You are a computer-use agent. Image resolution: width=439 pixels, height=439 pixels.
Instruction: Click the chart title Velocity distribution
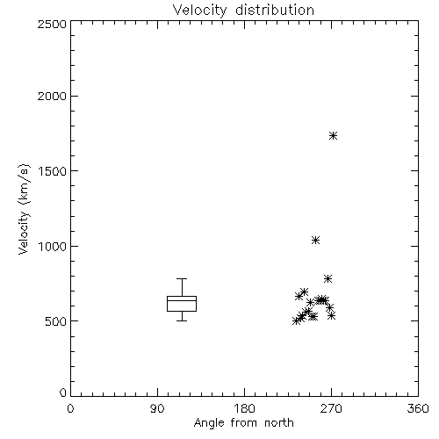[x=243, y=11]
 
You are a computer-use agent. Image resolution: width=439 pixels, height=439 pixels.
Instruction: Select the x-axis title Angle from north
[x=243, y=422]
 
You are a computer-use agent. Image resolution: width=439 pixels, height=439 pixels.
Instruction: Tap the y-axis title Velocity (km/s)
[x=24, y=209]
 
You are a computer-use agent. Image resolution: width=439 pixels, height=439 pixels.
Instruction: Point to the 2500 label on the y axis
[x=53, y=24]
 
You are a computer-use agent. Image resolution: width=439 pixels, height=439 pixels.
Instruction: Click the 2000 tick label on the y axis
[x=53, y=96]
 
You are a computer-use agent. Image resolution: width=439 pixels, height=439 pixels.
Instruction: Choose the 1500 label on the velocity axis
[x=53, y=171]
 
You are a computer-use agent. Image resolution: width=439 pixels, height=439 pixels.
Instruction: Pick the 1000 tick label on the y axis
[x=53, y=246]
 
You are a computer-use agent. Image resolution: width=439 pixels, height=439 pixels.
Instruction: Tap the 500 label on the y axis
[x=56, y=321]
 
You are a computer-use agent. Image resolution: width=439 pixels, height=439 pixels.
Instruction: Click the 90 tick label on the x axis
[x=157, y=408]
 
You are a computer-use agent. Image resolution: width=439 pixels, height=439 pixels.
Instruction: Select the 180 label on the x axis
[x=244, y=408]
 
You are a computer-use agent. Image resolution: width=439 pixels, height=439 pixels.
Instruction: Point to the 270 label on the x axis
[x=331, y=408]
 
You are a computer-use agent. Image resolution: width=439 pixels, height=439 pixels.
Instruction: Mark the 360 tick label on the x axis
[x=418, y=408]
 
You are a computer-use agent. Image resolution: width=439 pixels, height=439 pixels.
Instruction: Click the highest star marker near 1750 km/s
[x=333, y=135]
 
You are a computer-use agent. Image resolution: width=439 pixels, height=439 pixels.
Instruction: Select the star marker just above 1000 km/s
[x=315, y=241]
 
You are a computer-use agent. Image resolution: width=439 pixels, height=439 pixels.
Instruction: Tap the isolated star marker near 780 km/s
[x=327, y=278]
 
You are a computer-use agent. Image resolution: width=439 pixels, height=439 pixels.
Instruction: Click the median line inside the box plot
[x=182, y=300]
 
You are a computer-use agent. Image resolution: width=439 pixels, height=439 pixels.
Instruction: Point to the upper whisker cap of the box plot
[x=182, y=278]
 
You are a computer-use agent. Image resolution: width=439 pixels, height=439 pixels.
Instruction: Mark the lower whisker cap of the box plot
[x=182, y=320]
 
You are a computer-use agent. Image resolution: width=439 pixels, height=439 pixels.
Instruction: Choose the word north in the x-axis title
[x=279, y=422]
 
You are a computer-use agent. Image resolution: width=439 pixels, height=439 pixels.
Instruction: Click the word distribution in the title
[x=275, y=10]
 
